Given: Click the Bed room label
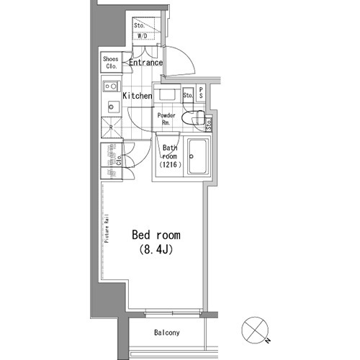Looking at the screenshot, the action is click(156, 235).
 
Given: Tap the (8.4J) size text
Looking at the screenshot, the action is click(156, 250).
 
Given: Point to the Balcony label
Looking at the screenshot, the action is click(167, 333).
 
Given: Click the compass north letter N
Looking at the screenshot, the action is click(269, 340).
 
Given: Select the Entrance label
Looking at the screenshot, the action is click(146, 63).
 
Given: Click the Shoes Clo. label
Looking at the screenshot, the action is click(111, 63).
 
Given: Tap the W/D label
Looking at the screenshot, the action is click(143, 36).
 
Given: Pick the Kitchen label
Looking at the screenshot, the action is click(138, 96).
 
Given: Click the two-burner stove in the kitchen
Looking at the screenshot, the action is click(112, 86).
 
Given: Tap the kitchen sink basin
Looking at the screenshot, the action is click(113, 107).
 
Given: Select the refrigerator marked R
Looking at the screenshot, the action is click(112, 127).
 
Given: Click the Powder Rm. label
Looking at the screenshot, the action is click(166, 119).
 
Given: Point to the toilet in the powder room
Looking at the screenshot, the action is click(193, 117).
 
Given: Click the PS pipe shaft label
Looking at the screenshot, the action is click(201, 92).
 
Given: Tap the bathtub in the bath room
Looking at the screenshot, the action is click(197, 157).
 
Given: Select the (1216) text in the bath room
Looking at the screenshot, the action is click(170, 165).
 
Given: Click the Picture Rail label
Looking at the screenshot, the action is click(107, 228).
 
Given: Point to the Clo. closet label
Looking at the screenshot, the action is click(120, 161).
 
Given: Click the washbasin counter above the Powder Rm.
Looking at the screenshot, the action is click(167, 94).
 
